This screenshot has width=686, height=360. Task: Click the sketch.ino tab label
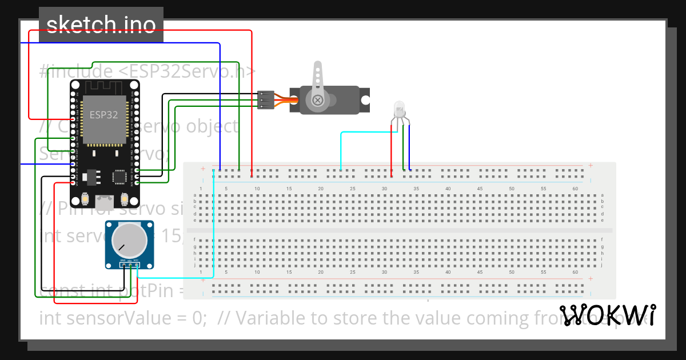(101, 25)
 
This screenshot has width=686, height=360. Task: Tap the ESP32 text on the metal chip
(103, 114)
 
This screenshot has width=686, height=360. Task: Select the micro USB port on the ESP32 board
(105, 201)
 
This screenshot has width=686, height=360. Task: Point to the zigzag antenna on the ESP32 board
(104, 87)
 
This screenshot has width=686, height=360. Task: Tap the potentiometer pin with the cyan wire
(137, 265)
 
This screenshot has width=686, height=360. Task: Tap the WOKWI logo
(607, 315)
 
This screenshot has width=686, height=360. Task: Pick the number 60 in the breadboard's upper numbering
(575, 189)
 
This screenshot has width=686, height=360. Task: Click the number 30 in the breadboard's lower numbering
(384, 273)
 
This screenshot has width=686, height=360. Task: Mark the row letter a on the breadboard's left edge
(195, 195)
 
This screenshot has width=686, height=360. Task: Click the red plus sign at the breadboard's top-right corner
(590, 166)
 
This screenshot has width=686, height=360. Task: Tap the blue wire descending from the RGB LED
(409, 149)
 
